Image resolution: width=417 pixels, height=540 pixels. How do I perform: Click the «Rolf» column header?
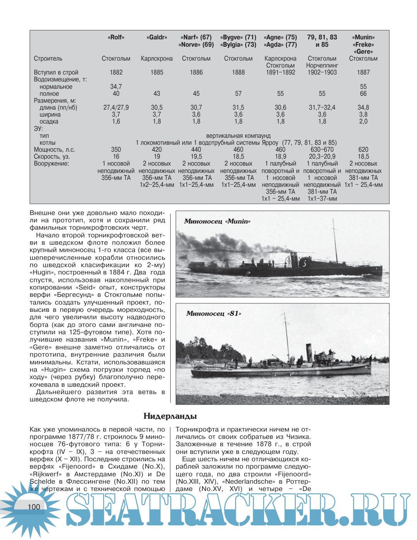tap(116, 37)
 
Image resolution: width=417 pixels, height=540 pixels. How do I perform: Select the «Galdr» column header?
tap(157, 37)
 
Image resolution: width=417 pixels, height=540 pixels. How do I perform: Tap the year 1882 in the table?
tap(116, 72)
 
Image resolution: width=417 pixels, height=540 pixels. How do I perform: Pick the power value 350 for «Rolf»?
tap(116, 149)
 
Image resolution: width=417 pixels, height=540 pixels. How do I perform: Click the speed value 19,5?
tap(196, 156)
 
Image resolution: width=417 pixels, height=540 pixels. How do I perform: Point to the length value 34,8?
tap(363, 107)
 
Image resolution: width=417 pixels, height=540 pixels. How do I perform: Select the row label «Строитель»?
tap(48, 59)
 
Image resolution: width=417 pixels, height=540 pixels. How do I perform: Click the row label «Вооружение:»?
tap(51, 164)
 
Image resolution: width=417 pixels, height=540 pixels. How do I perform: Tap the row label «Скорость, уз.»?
tap(54, 156)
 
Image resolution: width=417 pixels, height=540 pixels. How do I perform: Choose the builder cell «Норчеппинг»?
tap(322, 65)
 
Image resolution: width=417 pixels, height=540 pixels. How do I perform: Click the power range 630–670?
tap(322, 149)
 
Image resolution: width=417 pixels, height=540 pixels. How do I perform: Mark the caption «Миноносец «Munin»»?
tap(217, 221)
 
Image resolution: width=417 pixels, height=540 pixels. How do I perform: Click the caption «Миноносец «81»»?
tap(214, 313)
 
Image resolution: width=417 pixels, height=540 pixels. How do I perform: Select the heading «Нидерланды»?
tap(170, 416)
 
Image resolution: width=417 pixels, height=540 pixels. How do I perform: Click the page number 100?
tap(34, 507)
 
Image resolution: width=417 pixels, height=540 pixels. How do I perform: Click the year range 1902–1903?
tap(322, 72)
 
